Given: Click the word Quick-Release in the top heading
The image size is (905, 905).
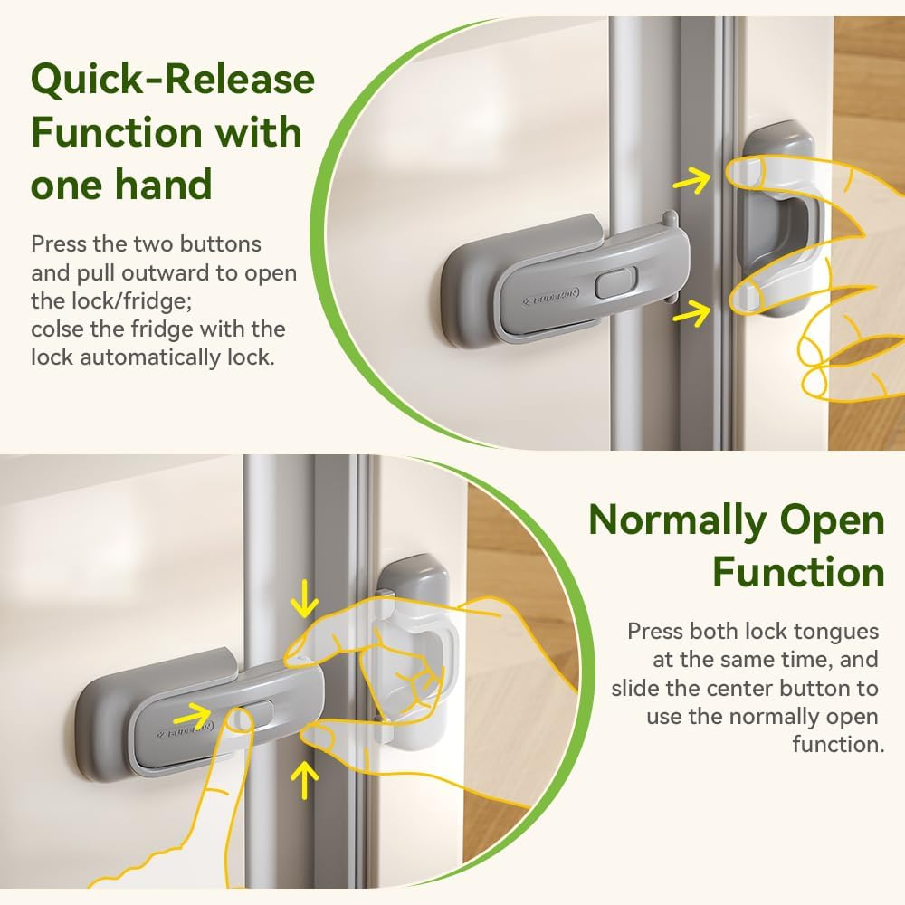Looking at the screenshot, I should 173,80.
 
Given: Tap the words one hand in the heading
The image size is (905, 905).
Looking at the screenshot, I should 121,184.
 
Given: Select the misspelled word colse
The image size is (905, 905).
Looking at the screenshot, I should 58,329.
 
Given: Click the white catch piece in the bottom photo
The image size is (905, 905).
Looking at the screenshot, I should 416,650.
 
